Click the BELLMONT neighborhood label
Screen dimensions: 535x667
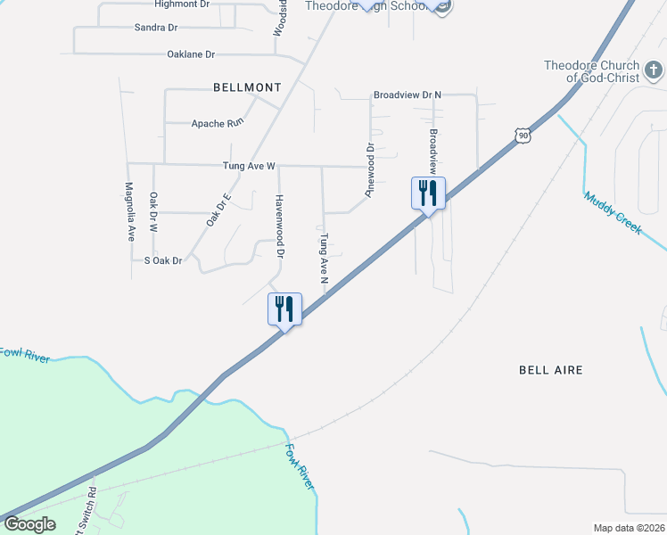click(247, 87)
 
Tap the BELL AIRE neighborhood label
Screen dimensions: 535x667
click(551, 369)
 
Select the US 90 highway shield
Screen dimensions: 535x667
click(523, 135)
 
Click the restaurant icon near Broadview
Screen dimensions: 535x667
click(428, 193)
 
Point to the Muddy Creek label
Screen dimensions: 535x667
click(613, 213)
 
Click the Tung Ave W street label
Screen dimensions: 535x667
click(250, 166)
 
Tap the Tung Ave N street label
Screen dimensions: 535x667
click(325, 258)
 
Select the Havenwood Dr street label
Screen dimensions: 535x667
click(279, 226)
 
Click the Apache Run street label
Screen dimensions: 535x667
click(217, 123)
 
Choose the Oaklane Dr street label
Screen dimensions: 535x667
click(191, 54)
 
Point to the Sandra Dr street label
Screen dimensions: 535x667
click(155, 28)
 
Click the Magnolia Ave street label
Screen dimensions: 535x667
click(129, 212)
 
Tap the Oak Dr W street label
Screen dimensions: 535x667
click(153, 212)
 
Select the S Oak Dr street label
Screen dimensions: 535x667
click(162, 260)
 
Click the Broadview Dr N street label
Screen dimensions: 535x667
click(408, 95)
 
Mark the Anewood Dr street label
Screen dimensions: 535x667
click(368, 169)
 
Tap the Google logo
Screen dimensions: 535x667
click(29, 524)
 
